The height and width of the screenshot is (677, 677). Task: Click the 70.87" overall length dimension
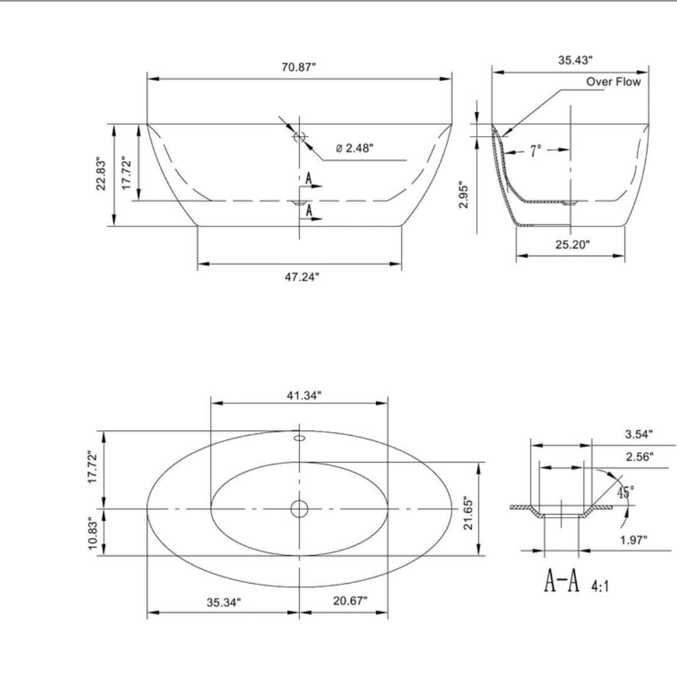point(298,68)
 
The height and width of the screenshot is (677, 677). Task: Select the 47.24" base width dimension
point(299,276)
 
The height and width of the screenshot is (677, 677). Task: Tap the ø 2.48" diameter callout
point(355,149)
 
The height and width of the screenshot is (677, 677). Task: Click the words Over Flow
point(613,82)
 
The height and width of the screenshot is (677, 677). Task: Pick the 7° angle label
point(535,150)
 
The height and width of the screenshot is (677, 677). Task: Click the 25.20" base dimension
point(572,244)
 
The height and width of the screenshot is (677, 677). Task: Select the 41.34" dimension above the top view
point(299,395)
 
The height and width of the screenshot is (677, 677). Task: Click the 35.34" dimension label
point(224,602)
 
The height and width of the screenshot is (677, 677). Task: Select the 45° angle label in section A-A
point(625,491)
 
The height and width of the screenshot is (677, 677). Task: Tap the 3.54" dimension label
point(639,434)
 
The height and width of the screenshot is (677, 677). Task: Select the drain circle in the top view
point(299,509)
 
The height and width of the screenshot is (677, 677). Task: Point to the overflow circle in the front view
point(299,137)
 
